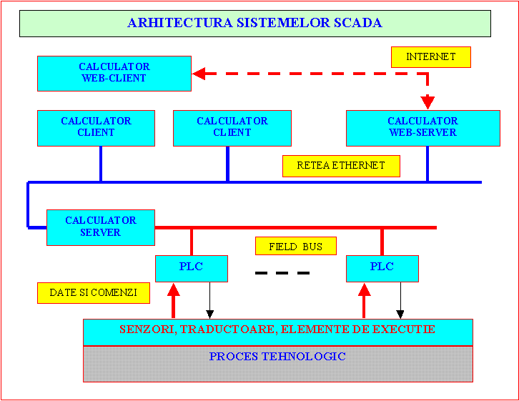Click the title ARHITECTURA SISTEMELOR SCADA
pyautogui.click(x=254, y=23)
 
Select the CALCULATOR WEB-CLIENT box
pyautogui.click(x=114, y=73)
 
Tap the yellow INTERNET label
pyautogui.click(x=431, y=57)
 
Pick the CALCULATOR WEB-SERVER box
pyautogui.click(x=422, y=127)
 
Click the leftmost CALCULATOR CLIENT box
pyautogui.click(x=96, y=127)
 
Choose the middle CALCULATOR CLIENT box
pyautogui.click(x=232, y=127)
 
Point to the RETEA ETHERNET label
pyautogui.click(x=341, y=166)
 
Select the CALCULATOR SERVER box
pyautogui.click(x=101, y=227)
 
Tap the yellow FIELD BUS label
pyautogui.click(x=296, y=247)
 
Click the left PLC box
pyautogui.click(x=192, y=268)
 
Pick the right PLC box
pyautogui.click(x=382, y=268)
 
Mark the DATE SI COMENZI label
pyautogui.click(x=93, y=293)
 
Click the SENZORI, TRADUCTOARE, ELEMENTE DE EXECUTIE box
pyautogui.click(x=277, y=331)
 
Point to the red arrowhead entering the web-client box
pyautogui.click(x=199, y=73)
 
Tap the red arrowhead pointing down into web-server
pyautogui.click(x=427, y=103)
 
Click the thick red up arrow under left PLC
pyautogui.click(x=173, y=300)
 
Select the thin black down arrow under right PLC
pyautogui.click(x=400, y=300)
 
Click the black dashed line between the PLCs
pyautogui.click(x=282, y=273)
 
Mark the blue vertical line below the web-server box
pyautogui.click(x=427, y=164)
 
